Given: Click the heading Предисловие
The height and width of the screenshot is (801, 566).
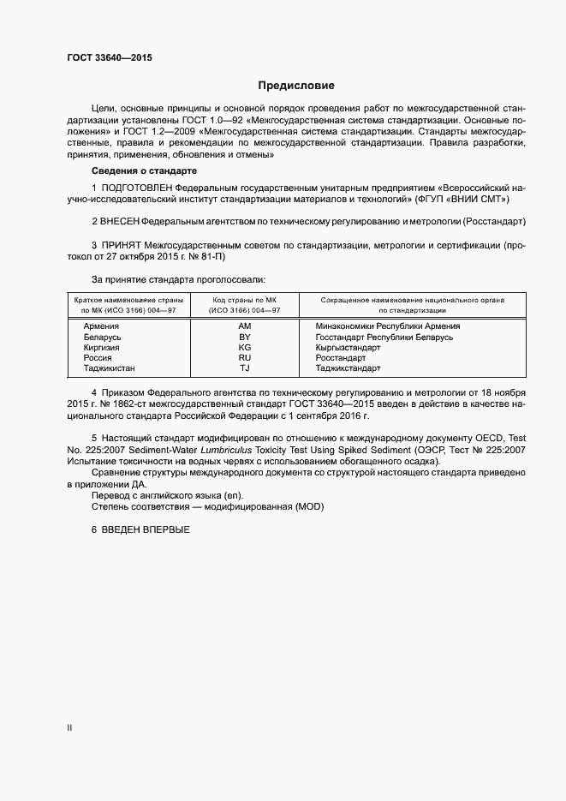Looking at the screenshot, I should coord(296,86).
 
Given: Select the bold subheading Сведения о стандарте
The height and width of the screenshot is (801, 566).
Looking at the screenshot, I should coord(144,171).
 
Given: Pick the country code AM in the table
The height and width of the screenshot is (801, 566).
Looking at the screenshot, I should coord(244,326).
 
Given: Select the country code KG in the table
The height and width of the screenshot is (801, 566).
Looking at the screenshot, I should coord(244,348).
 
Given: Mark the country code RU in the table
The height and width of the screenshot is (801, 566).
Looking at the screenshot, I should coord(244,358).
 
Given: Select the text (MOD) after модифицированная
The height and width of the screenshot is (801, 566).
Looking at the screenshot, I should coord(309,506).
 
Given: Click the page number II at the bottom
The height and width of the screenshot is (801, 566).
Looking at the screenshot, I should coord(69,728).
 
